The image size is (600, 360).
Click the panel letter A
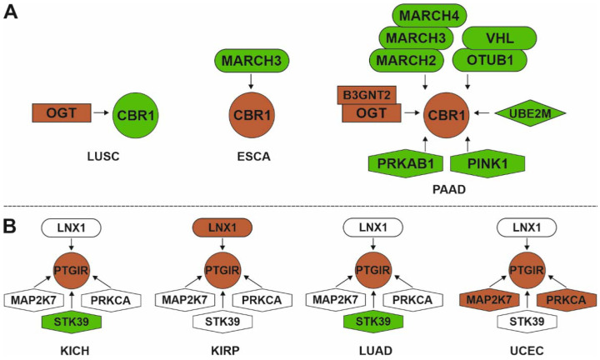11,13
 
